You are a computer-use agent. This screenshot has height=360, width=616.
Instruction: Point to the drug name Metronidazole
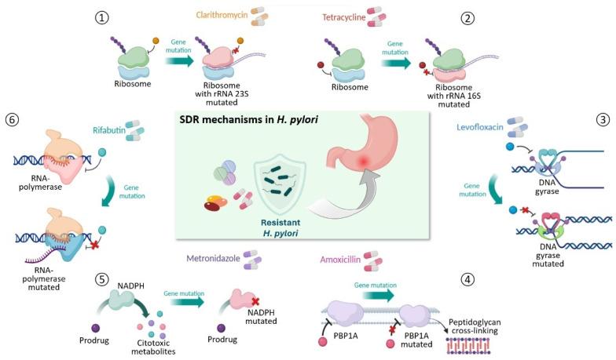(213, 256)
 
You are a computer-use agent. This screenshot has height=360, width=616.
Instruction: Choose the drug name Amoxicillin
(340, 256)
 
